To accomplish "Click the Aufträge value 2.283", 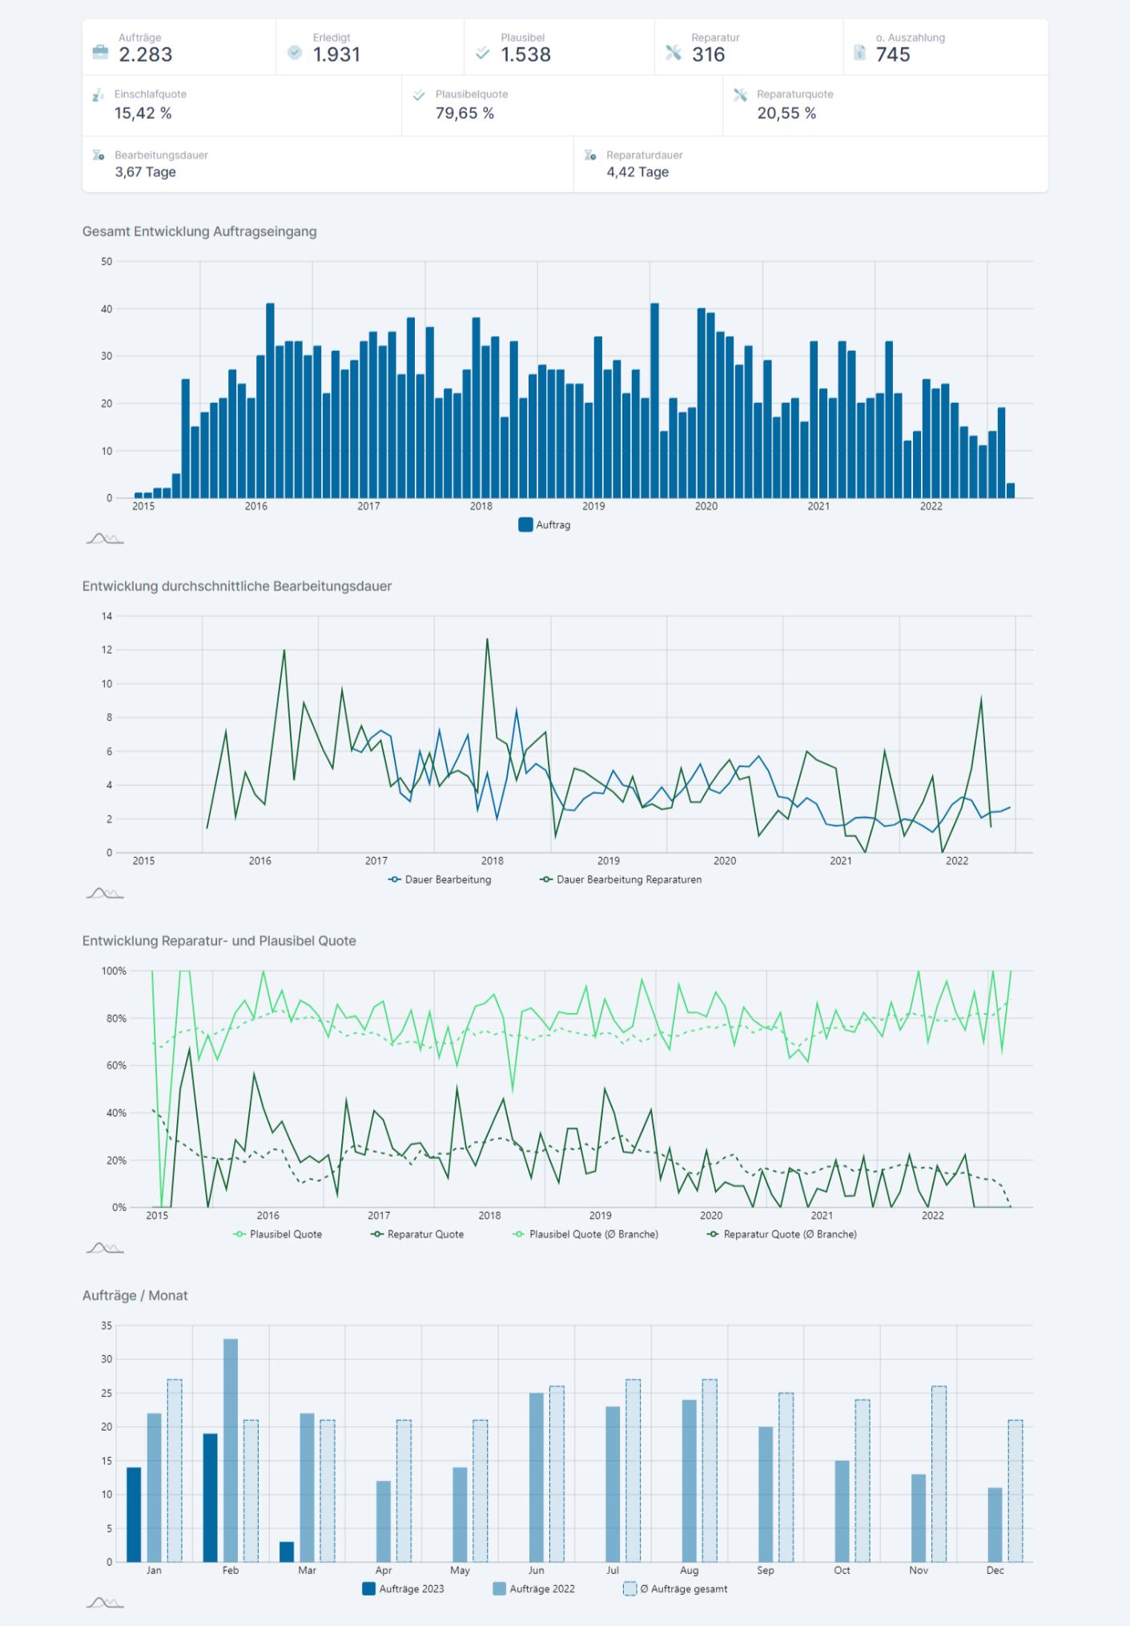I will point(145,54).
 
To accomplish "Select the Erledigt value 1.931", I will point(336,54).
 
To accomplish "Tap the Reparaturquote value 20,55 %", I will point(786,113).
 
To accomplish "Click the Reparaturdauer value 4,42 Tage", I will point(637,172).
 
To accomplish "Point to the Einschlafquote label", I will point(150,94).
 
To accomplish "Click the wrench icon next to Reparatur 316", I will point(673,53).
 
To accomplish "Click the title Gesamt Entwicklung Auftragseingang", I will point(199,231).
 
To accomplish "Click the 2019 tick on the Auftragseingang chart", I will point(593,506).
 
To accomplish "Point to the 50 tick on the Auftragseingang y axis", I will point(107,261).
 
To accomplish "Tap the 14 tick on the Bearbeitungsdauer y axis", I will point(107,616).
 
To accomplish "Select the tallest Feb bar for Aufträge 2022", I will point(231,1450).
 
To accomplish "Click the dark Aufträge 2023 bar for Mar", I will point(287,1551).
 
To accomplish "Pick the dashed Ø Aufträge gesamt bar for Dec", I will point(1015,1490).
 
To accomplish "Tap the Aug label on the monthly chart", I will point(689,1570).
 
